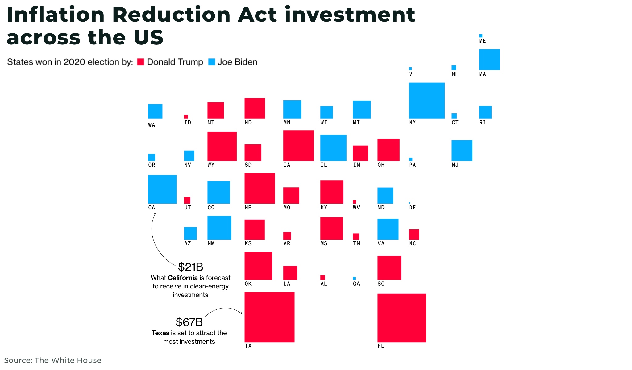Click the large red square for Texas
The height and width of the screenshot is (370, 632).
point(269,317)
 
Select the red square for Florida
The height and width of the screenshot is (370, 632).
point(401,318)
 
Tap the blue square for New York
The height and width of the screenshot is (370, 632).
point(426,100)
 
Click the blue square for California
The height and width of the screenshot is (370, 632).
point(162,189)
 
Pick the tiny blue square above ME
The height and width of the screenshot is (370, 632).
point(480,36)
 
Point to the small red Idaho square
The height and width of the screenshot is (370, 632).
point(186,116)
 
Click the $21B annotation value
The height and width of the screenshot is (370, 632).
point(190,267)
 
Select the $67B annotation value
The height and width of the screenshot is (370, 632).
point(189,322)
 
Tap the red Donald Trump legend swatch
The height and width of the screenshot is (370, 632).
point(141,62)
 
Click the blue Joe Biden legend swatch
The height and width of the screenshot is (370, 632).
point(211,62)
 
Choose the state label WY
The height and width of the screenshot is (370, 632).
point(211,165)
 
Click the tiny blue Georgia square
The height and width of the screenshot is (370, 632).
point(354,278)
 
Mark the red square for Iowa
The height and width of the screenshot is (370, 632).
point(298,145)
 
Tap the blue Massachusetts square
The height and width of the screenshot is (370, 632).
point(489,60)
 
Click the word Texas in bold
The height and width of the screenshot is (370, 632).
point(160,333)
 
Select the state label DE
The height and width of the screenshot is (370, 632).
point(412,208)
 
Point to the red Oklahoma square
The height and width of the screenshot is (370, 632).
point(258,266)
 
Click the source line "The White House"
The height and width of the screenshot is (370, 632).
point(68,360)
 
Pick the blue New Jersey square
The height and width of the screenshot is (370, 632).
point(462,150)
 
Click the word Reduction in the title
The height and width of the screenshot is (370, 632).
point(171,15)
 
